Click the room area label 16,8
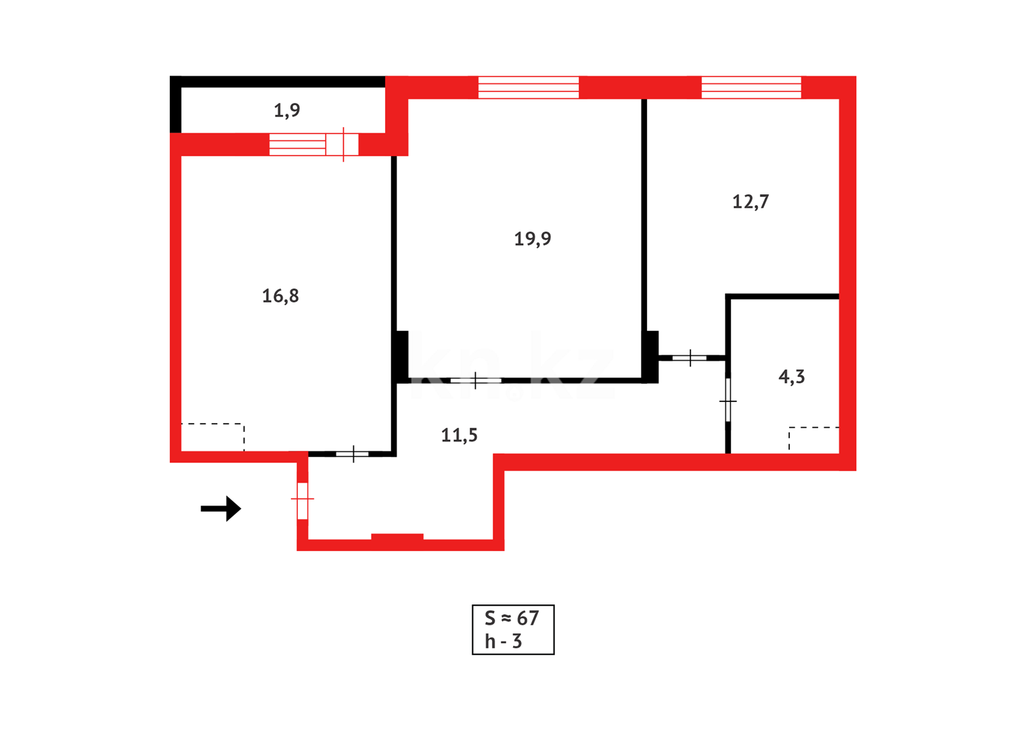pyautogui.click(x=280, y=296)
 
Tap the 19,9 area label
pyautogui.click(x=532, y=238)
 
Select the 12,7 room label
pyautogui.click(x=751, y=202)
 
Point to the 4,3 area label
pyautogui.click(x=792, y=377)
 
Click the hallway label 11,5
pyautogui.click(x=459, y=435)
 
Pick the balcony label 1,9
pyautogui.click(x=287, y=110)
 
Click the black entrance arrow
pyautogui.click(x=221, y=508)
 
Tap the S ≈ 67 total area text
pyautogui.click(x=512, y=618)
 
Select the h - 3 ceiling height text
pyautogui.click(x=503, y=641)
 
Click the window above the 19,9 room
pyautogui.click(x=529, y=87)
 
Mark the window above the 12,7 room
pyautogui.click(x=751, y=87)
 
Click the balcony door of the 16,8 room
pyautogui.click(x=342, y=144)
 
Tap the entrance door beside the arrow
pyautogui.click(x=303, y=500)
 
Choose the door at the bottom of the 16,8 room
pyautogui.click(x=353, y=453)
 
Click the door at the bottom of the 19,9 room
pyautogui.click(x=476, y=380)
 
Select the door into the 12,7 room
pyautogui.click(x=690, y=357)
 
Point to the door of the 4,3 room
pyautogui.click(x=728, y=401)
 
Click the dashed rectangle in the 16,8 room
pyautogui.click(x=213, y=437)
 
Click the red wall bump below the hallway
pyautogui.click(x=397, y=537)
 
